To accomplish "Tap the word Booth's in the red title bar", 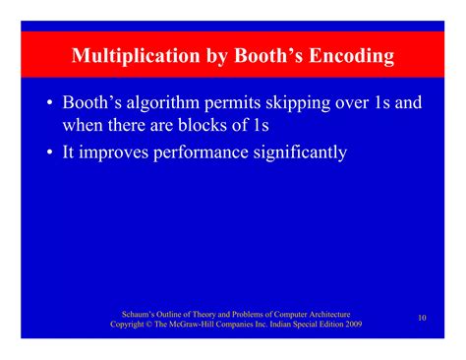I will pos(262,56).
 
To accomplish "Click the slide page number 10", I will pos(422,318).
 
